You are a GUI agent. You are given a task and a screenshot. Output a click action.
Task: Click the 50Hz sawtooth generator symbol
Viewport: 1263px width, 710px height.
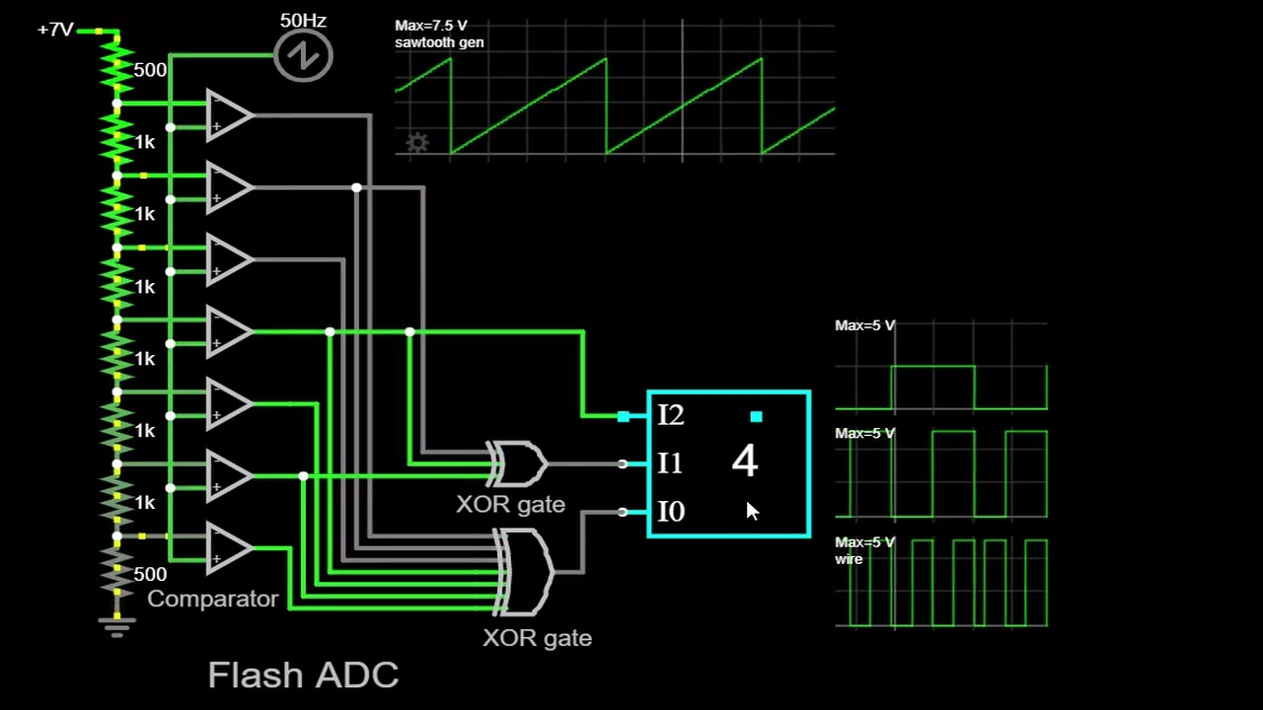click(x=303, y=56)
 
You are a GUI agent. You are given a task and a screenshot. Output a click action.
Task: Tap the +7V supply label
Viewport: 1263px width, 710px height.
click(x=55, y=30)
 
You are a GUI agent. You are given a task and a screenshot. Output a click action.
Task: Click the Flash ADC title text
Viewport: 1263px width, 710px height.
click(x=303, y=675)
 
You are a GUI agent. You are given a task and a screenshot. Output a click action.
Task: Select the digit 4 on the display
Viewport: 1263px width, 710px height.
click(x=745, y=461)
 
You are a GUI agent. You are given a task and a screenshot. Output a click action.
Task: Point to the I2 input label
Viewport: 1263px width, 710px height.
click(x=670, y=415)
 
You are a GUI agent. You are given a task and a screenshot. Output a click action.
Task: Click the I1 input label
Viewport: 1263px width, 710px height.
click(x=670, y=462)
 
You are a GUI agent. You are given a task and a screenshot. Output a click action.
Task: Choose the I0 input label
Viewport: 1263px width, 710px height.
click(x=670, y=511)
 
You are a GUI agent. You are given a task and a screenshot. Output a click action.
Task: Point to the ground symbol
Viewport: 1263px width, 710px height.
click(x=116, y=626)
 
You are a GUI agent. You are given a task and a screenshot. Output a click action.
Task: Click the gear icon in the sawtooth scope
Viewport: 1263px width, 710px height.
click(x=417, y=143)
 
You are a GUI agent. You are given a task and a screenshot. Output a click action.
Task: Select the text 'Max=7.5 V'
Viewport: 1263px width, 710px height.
click(x=431, y=26)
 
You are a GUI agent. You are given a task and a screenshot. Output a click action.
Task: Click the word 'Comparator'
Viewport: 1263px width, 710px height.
click(x=213, y=599)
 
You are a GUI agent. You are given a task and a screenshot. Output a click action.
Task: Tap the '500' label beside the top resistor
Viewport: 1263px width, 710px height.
click(x=150, y=70)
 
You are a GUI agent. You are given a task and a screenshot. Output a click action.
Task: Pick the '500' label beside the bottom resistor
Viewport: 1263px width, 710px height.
click(x=150, y=574)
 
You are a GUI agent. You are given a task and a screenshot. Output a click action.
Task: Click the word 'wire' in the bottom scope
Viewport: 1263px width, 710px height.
click(x=849, y=559)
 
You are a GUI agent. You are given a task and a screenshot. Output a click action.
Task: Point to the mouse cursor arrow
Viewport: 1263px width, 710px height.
click(x=752, y=510)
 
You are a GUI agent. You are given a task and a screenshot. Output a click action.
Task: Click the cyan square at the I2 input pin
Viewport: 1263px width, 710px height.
click(x=624, y=416)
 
